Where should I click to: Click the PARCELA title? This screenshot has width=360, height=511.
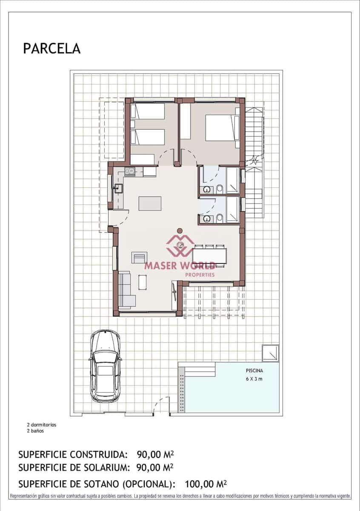tap(51, 49)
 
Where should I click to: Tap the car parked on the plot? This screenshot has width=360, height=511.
tap(105, 366)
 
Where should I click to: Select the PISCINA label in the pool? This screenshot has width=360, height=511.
tap(254, 370)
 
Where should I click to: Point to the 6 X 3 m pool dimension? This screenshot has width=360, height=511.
tap(254, 379)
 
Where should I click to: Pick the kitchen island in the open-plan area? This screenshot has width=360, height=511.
tap(150, 203)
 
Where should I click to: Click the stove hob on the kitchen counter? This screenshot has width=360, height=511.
tap(129, 172)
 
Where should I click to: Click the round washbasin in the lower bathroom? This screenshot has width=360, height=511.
tap(207, 219)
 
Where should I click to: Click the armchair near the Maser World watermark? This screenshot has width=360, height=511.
tap(139, 258)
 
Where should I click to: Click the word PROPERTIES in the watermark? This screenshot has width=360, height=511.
tap(200, 275)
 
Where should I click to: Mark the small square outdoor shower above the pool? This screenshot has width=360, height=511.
tap(271, 353)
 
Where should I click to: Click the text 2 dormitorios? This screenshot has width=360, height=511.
tap(41, 425)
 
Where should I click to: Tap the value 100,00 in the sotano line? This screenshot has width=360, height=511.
tap(200, 484)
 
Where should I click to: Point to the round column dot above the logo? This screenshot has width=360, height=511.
tap(180, 230)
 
